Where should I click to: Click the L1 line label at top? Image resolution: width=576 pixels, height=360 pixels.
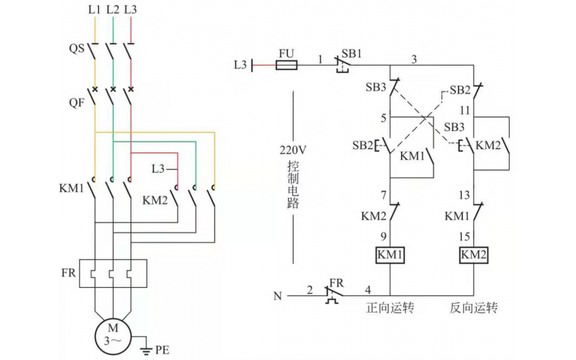[94, 10]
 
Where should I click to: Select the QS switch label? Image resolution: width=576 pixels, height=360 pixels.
[76, 49]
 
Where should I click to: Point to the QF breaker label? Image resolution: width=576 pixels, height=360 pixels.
[76, 102]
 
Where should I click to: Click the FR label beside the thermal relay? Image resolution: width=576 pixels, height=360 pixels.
[68, 274]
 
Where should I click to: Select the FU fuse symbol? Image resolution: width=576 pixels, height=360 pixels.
[288, 65]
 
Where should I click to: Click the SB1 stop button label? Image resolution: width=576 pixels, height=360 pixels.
[352, 54]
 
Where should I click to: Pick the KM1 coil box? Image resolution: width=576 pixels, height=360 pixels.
[390, 255]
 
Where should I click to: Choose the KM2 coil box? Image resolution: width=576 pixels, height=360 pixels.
[474, 255]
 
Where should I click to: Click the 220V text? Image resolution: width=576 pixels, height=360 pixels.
[293, 151]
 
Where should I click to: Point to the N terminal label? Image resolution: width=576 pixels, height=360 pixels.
[278, 295]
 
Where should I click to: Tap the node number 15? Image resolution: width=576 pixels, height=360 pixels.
[466, 235]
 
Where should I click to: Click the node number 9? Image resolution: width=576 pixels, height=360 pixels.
[383, 235]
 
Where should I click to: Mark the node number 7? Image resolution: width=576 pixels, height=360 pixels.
[383, 195]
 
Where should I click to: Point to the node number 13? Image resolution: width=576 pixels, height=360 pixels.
[466, 195]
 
